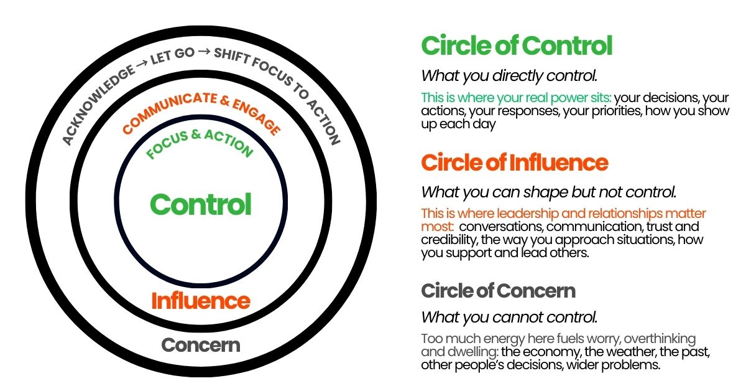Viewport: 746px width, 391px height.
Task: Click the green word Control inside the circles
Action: coord(201,204)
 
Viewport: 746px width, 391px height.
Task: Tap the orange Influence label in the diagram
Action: coord(201,301)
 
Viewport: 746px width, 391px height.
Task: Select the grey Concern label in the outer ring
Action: coord(201,345)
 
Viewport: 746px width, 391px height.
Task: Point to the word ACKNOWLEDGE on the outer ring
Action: coord(98,106)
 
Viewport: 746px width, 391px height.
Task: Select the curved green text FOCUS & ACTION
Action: coord(200,141)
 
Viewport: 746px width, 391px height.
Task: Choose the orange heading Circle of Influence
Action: coord(514,163)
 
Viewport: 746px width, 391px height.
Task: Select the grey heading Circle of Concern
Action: coord(498,290)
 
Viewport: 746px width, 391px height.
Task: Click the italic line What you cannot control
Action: coord(509,317)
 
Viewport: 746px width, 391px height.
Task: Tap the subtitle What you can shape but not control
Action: coord(548,192)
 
